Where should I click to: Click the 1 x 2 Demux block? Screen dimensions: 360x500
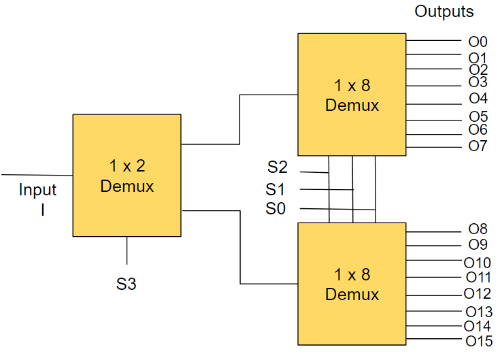tap(127, 176)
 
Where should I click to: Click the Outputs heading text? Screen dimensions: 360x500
tap(444, 12)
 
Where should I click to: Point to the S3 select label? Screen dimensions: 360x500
tap(126, 284)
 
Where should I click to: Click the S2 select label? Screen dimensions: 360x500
tap(277, 167)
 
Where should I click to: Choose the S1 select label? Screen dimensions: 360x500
tap(276, 189)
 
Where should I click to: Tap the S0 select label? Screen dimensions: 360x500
tap(276, 209)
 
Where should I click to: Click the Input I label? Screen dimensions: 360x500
tap(37, 199)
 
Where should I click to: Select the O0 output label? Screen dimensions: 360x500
tap(478, 42)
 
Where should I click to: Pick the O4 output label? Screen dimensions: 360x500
tap(478, 99)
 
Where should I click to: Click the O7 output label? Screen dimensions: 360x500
tap(478, 146)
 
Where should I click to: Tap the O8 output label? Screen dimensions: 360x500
tap(478, 230)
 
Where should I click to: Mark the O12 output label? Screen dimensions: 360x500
tap(478, 294)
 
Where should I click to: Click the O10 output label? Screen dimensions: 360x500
tap(478, 263)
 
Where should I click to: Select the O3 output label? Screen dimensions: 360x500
tap(478, 82)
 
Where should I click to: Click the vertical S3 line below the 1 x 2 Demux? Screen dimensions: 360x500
tap(127, 250)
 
